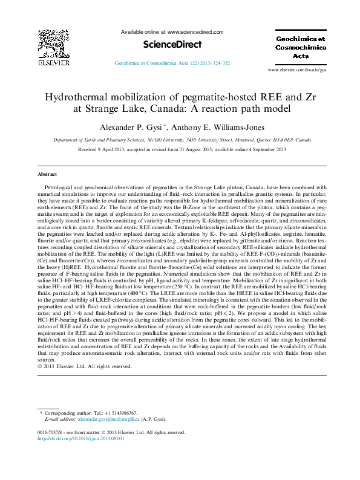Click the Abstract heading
click(47, 174)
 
